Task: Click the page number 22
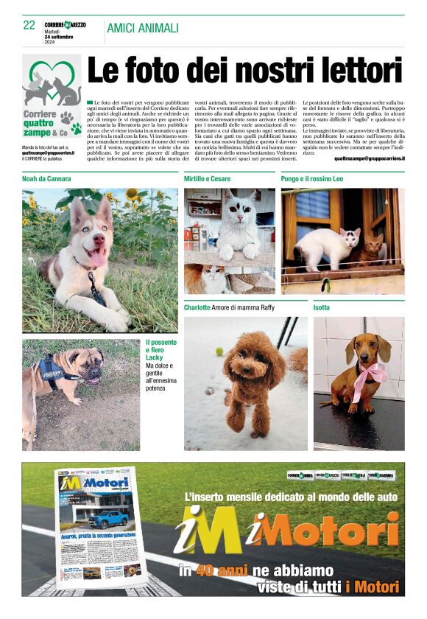pos(29,24)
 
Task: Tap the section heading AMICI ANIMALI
pos(142,28)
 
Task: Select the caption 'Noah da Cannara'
pos(46,179)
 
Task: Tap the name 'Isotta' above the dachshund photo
pos(322,307)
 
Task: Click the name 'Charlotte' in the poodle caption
pos(197,307)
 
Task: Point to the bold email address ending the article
pos(369,158)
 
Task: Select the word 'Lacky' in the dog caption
pos(155,357)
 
